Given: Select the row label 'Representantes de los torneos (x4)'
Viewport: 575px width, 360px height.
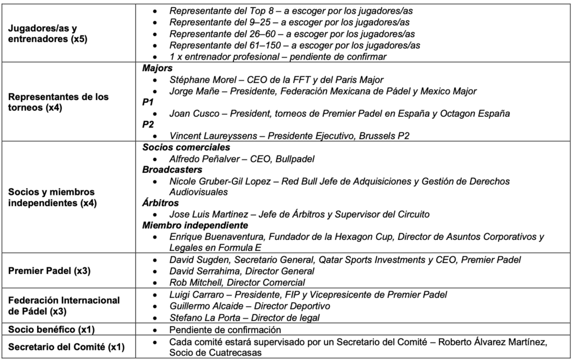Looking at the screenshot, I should [x=59, y=102].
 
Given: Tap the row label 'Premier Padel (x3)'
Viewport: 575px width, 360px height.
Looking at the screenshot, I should [x=50, y=271].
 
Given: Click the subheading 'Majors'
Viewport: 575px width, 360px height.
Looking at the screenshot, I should [x=157, y=68].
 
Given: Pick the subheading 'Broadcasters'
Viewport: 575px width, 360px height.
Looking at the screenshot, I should [x=172, y=170].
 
